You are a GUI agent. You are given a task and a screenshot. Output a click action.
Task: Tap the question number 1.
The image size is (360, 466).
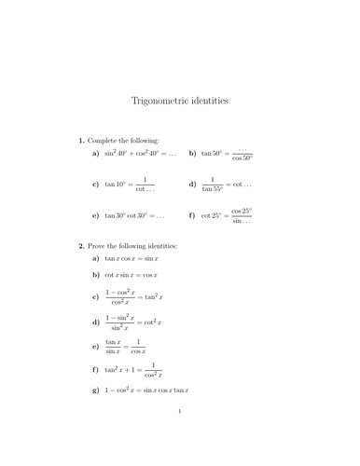coord(81,140)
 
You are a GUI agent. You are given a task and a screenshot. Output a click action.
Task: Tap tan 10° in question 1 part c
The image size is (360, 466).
coord(117,185)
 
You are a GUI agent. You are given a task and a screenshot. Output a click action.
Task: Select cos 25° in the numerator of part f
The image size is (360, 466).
coord(242,211)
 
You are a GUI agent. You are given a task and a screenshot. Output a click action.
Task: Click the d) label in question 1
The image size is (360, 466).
coord(192,185)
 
